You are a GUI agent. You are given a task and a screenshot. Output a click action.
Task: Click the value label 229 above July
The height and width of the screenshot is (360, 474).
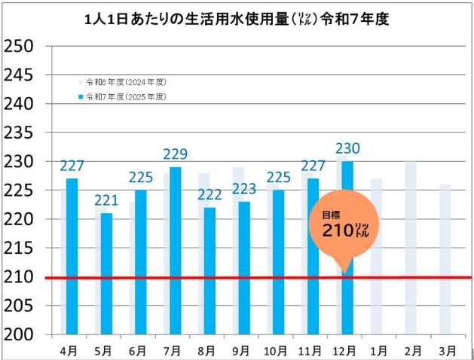pyautogui.click(x=175, y=154)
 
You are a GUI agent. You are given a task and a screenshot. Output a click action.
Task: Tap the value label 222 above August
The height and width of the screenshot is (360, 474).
pyautogui.click(x=209, y=195)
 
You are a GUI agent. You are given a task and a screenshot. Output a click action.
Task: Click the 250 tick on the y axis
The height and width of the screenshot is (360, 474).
pyautogui.click(x=19, y=46)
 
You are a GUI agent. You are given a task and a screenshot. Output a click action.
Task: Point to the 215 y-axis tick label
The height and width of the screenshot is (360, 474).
pyautogui.click(x=19, y=248)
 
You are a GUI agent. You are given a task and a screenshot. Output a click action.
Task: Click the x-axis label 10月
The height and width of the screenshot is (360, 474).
pyautogui.click(x=277, y=350)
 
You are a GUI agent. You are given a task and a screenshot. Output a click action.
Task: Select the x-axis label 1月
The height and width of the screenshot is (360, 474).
pyautogui.click(x=378, y=350)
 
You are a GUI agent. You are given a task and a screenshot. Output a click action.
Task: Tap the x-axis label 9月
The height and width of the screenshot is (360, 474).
pyautogui.click(x=243, y=350)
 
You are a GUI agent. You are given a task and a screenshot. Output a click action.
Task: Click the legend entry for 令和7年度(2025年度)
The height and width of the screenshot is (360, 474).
pyautogui.click(x=125, y=97)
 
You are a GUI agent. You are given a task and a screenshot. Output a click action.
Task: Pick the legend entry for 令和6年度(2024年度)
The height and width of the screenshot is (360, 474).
pyautogui.click(x=125, y=81)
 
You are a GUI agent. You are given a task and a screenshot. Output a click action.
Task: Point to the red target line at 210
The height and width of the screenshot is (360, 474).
pyautogui.click(x=226, y=277)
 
